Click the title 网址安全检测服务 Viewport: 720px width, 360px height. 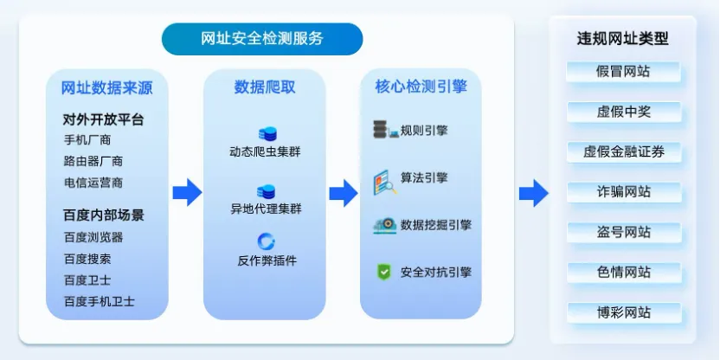(x=262, y=38)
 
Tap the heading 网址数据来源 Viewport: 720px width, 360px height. (x=101, y=87)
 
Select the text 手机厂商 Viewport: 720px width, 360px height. (x=87, y=139)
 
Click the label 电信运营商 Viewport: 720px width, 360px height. (x=93, y=183)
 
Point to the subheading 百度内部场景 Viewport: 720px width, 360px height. (x=103, y=214)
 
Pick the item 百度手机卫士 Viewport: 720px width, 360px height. (x=99, y=301)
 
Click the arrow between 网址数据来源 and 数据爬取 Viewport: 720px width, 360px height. (x=186, y=192)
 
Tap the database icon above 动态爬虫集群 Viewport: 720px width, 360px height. (x=266, y=134)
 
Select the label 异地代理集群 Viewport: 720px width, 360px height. (x=266, y=208)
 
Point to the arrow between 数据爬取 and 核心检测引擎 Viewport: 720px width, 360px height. (x=343, y=192)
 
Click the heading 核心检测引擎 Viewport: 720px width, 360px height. (x=421, y=87)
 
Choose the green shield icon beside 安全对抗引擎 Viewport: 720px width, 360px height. (x=383, y=272)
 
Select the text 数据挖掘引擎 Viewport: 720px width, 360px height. (x=436, y=225)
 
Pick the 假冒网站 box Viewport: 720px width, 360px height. (x=623, y=71)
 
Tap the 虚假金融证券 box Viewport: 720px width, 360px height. (x=623, y=151)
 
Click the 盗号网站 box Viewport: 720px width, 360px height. (x=623, y=232)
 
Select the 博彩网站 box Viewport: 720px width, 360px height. (x=623, y=312)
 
